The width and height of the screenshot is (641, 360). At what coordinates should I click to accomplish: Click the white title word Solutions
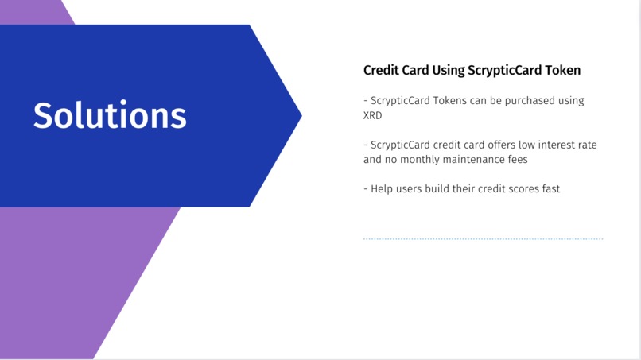tap(110, 116)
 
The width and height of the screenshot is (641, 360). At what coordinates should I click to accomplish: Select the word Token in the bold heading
tap(562, 70)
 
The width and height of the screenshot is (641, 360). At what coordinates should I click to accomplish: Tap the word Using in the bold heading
tap(452, 70)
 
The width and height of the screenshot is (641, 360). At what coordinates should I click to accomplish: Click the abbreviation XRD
tap(373, 115)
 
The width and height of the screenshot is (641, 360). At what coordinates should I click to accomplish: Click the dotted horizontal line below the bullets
tap(483, 238)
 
